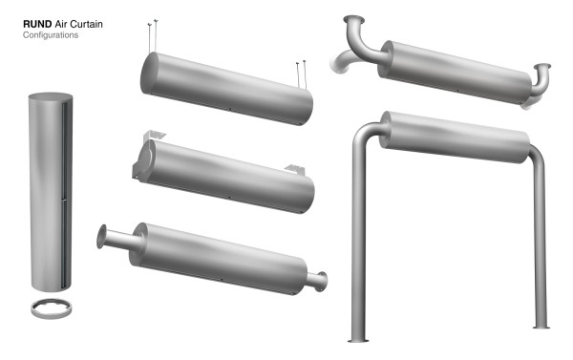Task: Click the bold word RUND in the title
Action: pos(37,24)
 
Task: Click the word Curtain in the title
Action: pos(86,24)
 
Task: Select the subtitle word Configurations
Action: pos(51,35)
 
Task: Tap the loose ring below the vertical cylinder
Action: pos(52,313)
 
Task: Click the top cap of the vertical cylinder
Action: pos(51,96)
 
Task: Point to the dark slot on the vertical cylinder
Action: pos(64,194)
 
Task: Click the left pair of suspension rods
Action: pos(153,36)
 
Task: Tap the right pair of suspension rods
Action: pos(301,74)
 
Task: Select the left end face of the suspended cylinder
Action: pos(149,74)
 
